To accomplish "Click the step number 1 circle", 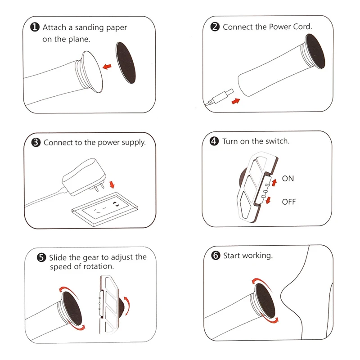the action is (35, 27).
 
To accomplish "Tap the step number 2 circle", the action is (215, 27).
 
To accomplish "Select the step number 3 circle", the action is (36, 142).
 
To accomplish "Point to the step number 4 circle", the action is (214, 141).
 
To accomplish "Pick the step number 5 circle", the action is (41, 257).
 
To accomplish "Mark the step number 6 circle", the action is (216, 255).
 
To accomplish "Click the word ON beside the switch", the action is (288, 178).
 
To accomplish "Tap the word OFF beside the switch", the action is (289, 202).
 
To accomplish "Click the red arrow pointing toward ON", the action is (274, 183).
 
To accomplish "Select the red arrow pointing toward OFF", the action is (268, 200).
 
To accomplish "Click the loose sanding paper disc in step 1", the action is (126, 63).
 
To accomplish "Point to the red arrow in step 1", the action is (107, 67).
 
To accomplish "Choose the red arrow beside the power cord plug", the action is (236, 101).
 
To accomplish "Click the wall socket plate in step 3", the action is (105, 209).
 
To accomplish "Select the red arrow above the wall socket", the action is (112, 184).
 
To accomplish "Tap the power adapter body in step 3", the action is (84, 176).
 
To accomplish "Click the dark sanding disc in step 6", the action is (265, 300).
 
